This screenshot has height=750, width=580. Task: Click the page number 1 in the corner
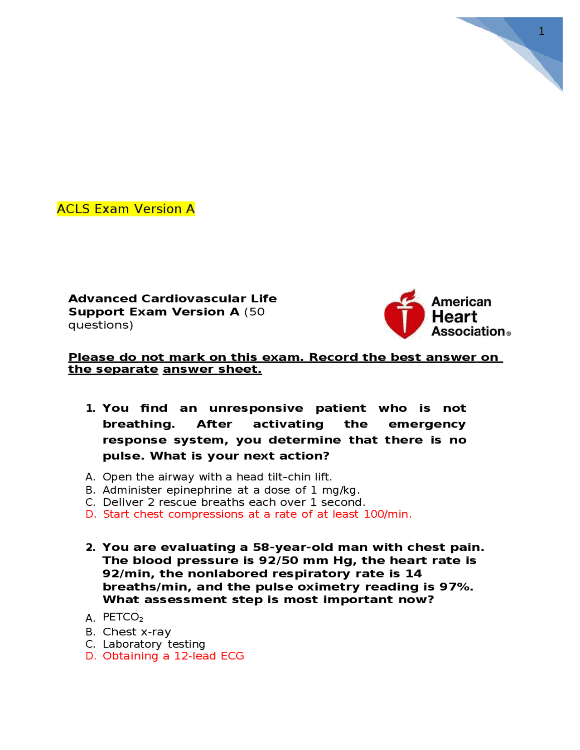coord(541,31)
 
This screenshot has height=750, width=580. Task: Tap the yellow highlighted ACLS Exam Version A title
coord(126,209)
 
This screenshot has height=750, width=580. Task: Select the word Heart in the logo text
coord(454,317)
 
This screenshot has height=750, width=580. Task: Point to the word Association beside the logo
coord(468,332)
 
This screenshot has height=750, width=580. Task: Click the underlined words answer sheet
coord(212,369)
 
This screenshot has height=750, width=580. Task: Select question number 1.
coord(91,409)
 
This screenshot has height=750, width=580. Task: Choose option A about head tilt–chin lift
coord(217,477)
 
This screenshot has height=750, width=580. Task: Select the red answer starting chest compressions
coord(257,514)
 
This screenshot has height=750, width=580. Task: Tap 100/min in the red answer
coord(387,514)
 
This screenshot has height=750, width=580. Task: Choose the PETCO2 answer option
coord(122,618)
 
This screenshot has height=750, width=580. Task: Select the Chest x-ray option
coord(136,632)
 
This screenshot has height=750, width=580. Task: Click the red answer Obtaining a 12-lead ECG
coord(173,656)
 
